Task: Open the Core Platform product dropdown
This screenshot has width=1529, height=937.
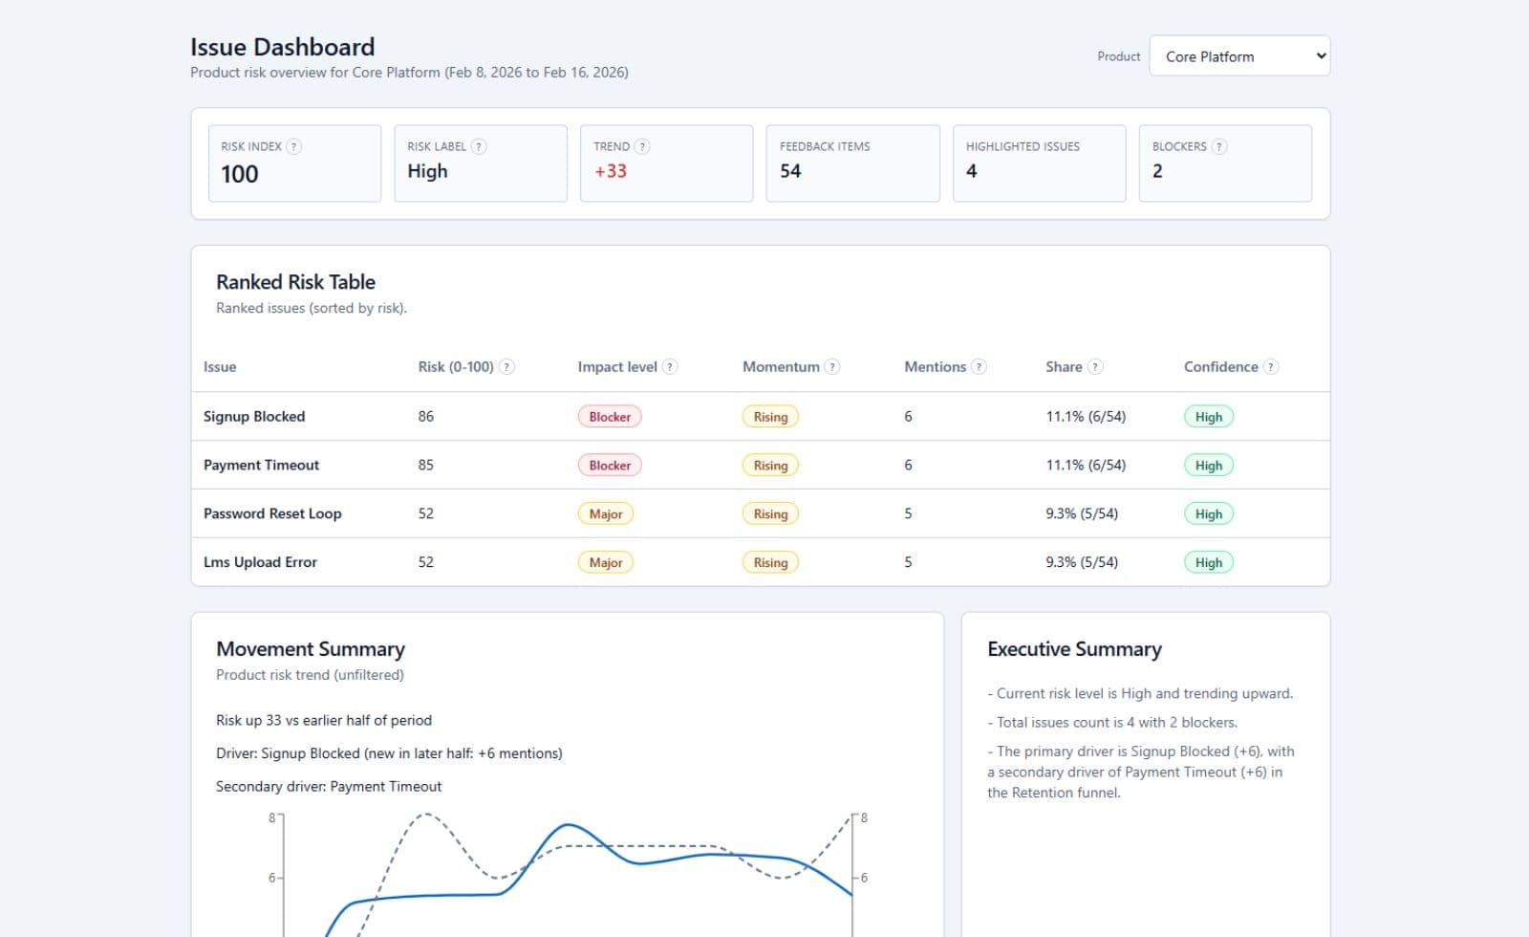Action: pos(1239,56)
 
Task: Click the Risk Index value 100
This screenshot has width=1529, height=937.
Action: pos(240,174)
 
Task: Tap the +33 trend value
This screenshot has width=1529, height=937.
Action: pos(611,171)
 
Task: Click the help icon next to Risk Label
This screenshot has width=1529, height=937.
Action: pos(479,146)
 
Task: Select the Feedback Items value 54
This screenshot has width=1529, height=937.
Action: pos(790,171)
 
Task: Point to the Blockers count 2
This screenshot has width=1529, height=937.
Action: pos(1157,171)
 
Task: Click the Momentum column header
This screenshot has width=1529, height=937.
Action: pos(781,366)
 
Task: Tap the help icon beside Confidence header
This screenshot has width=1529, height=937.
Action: pos(1270,366)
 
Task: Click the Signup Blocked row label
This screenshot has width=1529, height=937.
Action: pos(254,416)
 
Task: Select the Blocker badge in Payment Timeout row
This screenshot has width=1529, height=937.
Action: pos(610,466)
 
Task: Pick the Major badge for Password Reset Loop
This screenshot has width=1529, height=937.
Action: pos(606,513)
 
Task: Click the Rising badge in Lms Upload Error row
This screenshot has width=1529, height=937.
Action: pos(770,562)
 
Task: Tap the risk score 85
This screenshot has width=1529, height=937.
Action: pos(426,465)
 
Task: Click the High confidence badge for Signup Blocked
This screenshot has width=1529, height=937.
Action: pos(1208,417)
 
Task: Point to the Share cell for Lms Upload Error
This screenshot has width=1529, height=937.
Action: pos(1082,562)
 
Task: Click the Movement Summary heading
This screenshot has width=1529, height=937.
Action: pos(311,648)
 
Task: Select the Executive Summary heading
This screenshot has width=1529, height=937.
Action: pos(1074,648)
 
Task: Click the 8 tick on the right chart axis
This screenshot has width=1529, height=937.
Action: pos(864,817)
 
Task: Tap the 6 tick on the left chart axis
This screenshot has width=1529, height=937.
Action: pos(271,878)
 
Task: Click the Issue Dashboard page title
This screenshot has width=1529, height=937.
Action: pos(282,47)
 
